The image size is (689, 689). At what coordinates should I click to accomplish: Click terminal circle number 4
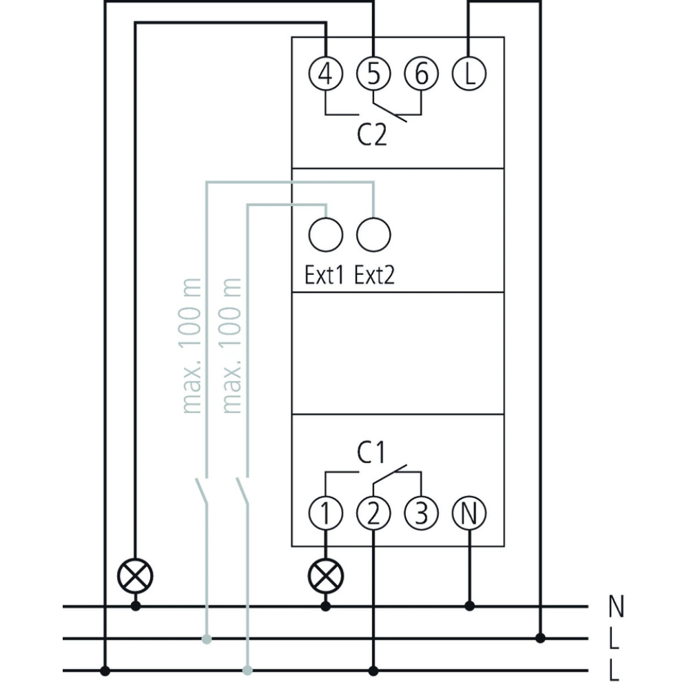326,72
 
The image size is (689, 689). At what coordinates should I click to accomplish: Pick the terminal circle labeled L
469,72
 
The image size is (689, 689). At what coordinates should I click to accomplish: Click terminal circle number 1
326,513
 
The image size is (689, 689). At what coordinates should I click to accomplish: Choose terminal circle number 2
373,513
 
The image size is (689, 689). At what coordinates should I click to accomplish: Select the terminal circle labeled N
469,513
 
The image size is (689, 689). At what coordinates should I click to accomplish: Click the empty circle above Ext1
326,234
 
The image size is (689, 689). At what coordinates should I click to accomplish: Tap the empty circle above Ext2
373,234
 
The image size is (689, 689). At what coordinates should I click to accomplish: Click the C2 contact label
372,135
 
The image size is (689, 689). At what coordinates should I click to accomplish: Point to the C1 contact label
372,453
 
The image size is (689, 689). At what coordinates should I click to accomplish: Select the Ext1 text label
324,276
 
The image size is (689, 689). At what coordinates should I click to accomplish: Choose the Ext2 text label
376,276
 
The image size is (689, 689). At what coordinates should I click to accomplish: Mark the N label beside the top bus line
617,606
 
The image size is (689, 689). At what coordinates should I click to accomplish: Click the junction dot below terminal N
469,606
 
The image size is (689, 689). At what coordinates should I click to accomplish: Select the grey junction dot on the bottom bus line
247,670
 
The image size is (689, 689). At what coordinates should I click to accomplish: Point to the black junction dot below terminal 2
373,670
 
